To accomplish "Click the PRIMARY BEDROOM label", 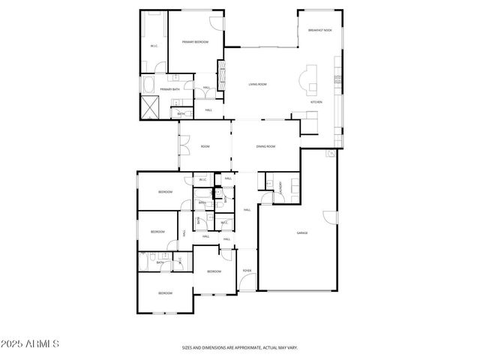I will point(195,42).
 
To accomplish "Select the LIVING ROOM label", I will point(258,85).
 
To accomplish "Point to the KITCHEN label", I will point(317,102).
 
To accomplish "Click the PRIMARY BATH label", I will point(169,89).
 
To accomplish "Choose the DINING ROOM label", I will point(266,146).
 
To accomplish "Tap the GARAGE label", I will point(301,232).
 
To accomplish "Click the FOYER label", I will point(247,270).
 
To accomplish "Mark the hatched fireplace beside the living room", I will point(221,74).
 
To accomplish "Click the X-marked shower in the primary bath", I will point(150,106).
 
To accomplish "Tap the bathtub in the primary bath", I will point(148,84).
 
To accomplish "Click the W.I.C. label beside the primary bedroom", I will point(154,46).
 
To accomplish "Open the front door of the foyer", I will point(247,284).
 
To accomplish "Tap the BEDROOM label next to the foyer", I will point(214,271).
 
